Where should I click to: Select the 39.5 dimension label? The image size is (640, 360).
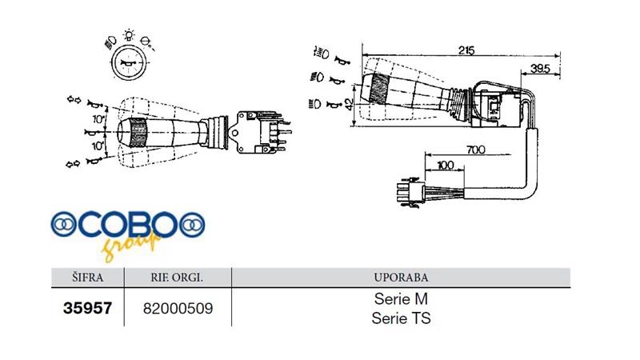click(539, 70)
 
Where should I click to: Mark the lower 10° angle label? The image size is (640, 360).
click(97, 147)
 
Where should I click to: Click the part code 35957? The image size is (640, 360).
click(87, 306)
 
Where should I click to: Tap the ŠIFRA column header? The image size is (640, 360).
click(87, 278)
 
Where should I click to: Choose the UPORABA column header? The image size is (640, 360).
click(401, 278)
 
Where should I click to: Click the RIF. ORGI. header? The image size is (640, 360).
click(177, 278)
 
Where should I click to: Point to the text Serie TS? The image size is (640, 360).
click(402, 318)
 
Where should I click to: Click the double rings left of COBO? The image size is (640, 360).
click(63, 225)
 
